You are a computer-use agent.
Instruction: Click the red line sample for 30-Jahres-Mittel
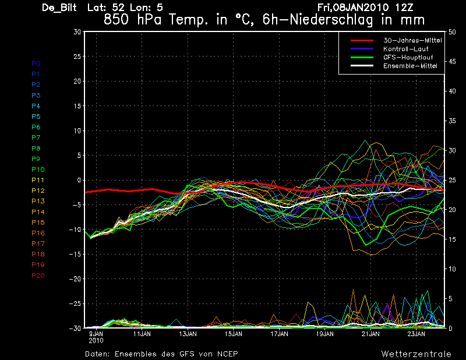pos(361,40)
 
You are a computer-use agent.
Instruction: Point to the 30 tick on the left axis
pos(77,32)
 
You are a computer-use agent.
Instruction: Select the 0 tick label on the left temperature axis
pos(79,180)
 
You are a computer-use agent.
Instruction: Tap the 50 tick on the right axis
pos(449,32)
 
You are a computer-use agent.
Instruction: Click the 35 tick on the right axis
pos(449,121)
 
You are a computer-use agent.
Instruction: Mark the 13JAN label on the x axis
pos(188,334)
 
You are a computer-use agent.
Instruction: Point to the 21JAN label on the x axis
pos(370,334)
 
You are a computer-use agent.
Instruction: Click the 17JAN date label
pos(279,334)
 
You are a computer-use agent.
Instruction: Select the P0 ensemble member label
pos(36,63)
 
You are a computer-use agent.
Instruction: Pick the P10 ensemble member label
pos(38,170)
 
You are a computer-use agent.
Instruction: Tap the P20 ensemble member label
pos(38,275)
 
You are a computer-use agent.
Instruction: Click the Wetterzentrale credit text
pos(416,354)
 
